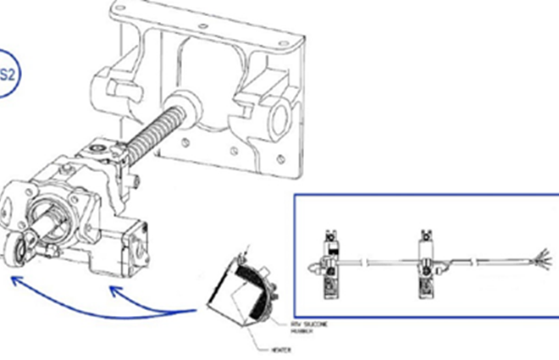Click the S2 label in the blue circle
(x=7, y=75)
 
